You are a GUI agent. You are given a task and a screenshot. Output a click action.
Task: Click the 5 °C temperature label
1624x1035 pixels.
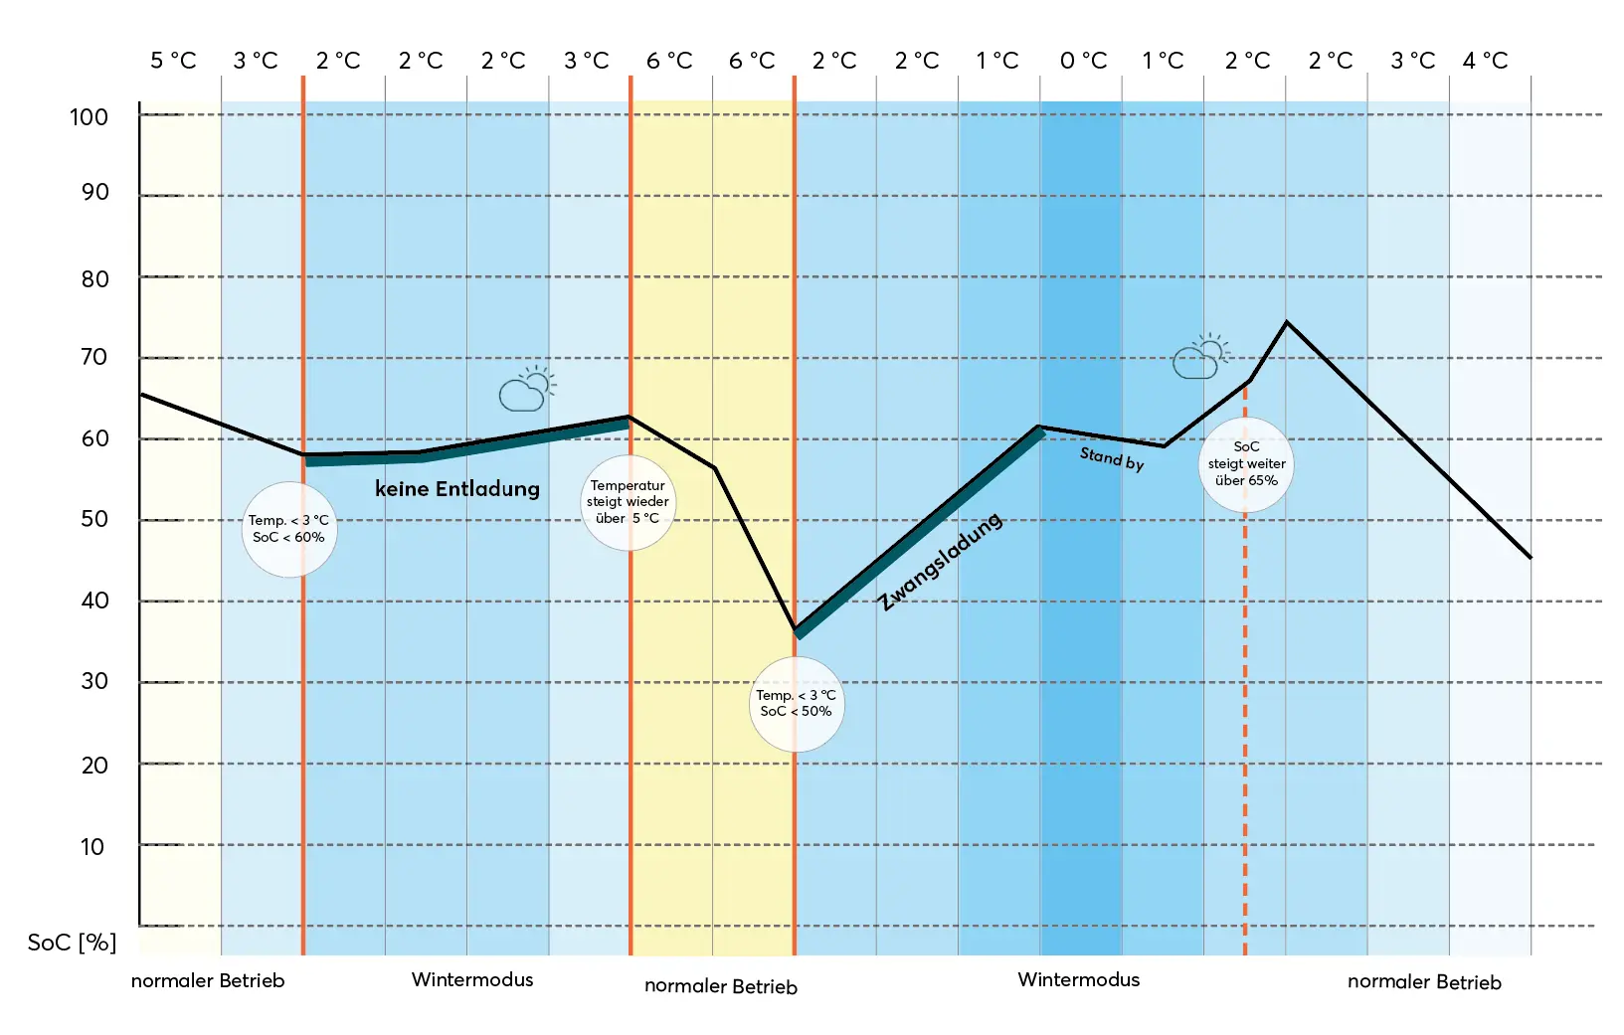point(173,61)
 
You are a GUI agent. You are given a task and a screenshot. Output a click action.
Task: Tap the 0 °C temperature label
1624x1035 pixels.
point(1083,61)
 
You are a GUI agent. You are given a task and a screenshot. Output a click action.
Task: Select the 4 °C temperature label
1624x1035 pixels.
point(1485,61)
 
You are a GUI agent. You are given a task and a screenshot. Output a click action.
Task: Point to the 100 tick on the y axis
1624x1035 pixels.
point(89,117)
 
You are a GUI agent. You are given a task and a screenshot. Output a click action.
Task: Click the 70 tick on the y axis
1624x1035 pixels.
point(93,357)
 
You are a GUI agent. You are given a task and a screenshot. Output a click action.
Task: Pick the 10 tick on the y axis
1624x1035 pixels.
point(91,847)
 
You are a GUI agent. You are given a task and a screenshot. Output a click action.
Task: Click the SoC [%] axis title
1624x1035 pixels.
point(72,943)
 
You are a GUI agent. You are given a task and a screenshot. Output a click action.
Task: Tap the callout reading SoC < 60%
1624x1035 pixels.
point(289,530)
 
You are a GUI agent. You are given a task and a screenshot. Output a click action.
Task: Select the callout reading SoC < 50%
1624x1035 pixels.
point(796,704)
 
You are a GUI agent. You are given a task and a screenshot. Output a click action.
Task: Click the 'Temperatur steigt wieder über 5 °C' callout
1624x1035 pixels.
point(628,502)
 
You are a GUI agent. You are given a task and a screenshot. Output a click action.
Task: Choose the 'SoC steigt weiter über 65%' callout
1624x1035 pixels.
point(1246,464)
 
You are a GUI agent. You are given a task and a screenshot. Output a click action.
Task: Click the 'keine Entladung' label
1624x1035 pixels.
point(457,488)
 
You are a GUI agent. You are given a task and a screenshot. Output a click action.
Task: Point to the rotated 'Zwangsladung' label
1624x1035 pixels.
point(940,562)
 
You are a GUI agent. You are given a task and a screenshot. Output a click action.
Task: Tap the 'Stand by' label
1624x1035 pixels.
point(1112,458)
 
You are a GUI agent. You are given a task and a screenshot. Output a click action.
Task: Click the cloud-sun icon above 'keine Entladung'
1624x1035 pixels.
point(526,389)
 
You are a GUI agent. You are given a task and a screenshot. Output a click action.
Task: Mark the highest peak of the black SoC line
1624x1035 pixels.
point(1286,322)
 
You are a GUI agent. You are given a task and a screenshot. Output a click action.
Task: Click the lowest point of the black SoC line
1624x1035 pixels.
point(795,628)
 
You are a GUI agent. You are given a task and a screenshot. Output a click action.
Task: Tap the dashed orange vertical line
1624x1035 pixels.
point(1245,696)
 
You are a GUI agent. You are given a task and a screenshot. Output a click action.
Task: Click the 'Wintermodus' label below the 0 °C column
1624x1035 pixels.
point(1078,979)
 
